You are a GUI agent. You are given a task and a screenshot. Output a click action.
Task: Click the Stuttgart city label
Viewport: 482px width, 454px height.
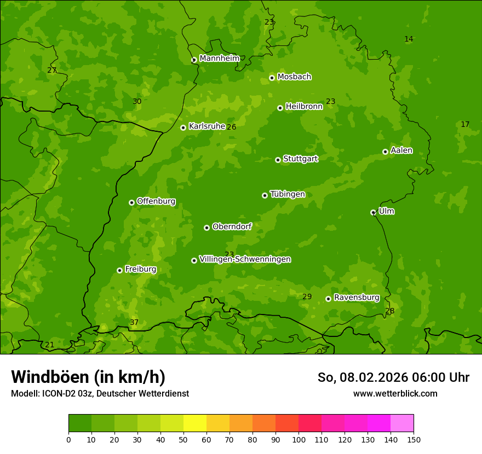pos(300,159)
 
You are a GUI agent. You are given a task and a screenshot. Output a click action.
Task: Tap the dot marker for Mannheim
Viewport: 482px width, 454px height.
pos(194,60)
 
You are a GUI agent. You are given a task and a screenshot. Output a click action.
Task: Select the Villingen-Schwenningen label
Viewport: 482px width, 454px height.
pos(245,259)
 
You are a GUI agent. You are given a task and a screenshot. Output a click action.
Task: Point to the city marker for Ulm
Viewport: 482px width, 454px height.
pos(373,212)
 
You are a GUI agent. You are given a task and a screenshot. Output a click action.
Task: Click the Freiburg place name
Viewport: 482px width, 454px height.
pos(140,269)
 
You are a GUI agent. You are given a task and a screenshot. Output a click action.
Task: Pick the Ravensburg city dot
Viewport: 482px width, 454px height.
pos(328,299)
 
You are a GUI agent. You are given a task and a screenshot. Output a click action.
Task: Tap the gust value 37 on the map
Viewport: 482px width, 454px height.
pos(134,322)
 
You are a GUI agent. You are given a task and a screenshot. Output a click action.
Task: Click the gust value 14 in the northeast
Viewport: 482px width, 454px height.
pos(409,39)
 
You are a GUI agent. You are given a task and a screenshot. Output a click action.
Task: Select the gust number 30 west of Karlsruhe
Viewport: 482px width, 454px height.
pos(137,101)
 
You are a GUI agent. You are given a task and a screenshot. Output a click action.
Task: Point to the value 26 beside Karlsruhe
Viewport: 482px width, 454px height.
pos(232,127)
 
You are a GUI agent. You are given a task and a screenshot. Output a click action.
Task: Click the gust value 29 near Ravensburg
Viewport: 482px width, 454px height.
pos(307,296)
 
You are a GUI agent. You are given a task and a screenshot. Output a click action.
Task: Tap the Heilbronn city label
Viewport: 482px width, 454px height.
pos(304,107)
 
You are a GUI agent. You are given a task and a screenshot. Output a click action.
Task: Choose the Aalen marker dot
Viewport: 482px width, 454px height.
pos(385,152)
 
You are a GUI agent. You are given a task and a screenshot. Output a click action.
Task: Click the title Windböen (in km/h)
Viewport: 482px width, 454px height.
pos(88,377)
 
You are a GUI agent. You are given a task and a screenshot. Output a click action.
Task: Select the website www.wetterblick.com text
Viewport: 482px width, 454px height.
pos(395,393)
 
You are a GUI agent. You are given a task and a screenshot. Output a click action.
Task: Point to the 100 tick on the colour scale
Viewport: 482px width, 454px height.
pos(299,439)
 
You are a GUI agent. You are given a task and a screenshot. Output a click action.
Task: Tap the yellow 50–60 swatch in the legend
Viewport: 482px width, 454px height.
pos(195,423)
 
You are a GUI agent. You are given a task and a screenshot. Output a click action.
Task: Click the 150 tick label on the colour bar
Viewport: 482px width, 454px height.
pos(414,439)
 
